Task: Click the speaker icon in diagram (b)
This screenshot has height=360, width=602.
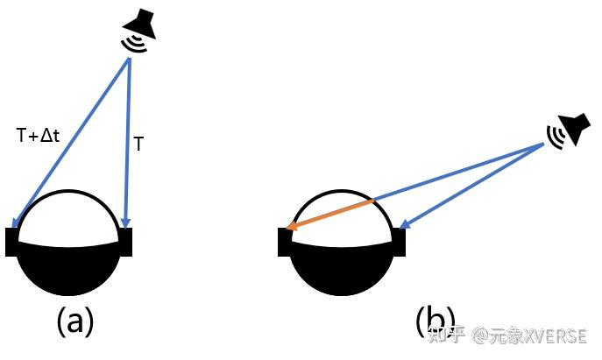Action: [569, 130]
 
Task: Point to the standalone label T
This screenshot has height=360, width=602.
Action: [138, 144]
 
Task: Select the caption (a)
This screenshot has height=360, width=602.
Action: [74, 321]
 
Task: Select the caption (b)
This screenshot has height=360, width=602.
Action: [435, 321]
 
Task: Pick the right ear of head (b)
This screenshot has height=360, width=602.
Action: [399, 242]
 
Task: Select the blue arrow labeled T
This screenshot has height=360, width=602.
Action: [129, 140]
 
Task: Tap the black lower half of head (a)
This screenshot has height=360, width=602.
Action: [69, 267]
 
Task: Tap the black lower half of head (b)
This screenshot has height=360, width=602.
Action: [342, 267]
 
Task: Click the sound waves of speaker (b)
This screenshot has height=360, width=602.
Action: [555, 134]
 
